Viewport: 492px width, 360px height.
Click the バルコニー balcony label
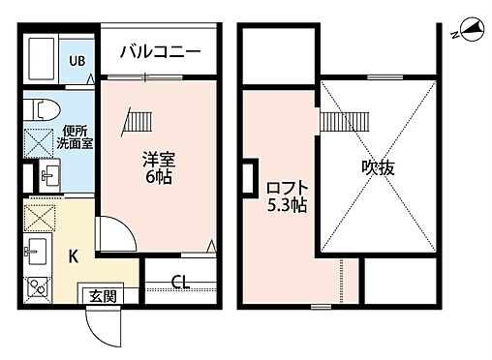pos(161,51)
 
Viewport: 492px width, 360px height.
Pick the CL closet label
pos(180,283)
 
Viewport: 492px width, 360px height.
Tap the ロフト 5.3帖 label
pos(288,196)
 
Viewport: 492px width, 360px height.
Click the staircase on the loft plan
pos(340,122)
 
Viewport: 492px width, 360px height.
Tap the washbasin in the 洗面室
pos(50,176)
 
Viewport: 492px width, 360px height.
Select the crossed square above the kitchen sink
pos(40,217)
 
